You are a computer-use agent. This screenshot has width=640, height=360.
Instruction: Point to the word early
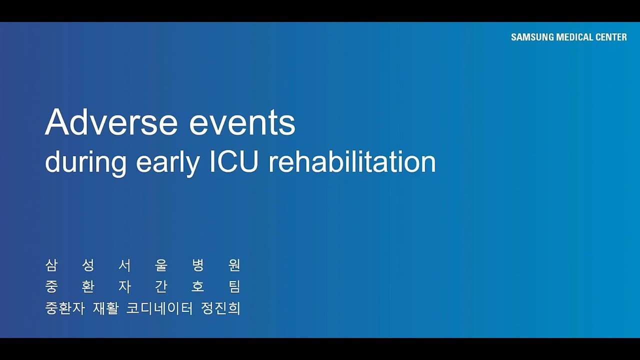coord(167,163)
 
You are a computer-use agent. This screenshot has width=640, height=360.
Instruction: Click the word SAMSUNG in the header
coord(532,37)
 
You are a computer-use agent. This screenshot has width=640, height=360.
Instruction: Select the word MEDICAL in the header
coord(574,37)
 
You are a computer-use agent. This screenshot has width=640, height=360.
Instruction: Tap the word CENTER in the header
coord(611,37)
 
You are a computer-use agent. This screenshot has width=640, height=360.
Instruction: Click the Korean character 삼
coord(51,265)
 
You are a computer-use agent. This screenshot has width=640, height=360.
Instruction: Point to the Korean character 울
coord(161,265)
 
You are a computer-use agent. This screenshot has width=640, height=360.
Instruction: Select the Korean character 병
coord(198,265)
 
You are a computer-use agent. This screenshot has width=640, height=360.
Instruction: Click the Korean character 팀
coord(234,287)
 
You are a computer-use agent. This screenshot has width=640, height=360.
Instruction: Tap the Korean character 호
coord(198,287)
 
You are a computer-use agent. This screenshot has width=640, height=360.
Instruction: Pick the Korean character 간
coord(161,287)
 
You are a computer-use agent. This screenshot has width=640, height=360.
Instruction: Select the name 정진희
coord(220,308)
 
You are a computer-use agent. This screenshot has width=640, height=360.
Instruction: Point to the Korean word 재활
coord(105,308)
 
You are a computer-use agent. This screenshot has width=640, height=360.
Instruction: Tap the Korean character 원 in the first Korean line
coord(234,265)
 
